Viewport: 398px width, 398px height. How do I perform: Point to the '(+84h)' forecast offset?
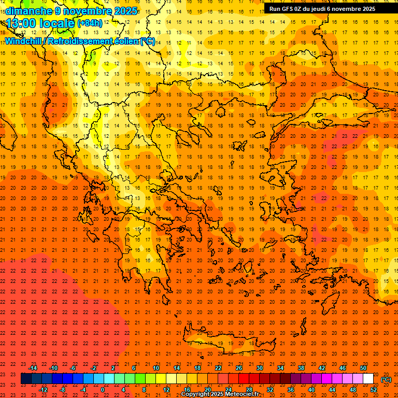[90, 23]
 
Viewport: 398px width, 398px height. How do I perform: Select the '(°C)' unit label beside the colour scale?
[386, 379]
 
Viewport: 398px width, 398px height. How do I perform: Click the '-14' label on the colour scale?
[33, 368]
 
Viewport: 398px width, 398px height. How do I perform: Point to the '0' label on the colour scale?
[103, 390]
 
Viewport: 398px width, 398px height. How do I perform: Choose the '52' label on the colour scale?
[374, 390]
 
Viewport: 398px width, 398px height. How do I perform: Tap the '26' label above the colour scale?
[239, 368]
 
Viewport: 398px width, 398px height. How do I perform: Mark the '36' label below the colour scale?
[291, 390]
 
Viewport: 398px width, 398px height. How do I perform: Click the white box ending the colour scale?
[368, 379]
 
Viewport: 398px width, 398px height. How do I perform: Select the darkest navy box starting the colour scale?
[26, 379]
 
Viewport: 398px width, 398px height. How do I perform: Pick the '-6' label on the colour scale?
[73, 368]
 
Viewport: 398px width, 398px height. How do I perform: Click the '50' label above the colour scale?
[363, 368]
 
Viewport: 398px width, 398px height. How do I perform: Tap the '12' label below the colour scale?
[166, 390]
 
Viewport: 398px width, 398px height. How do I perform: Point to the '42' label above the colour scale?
[322, 368]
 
